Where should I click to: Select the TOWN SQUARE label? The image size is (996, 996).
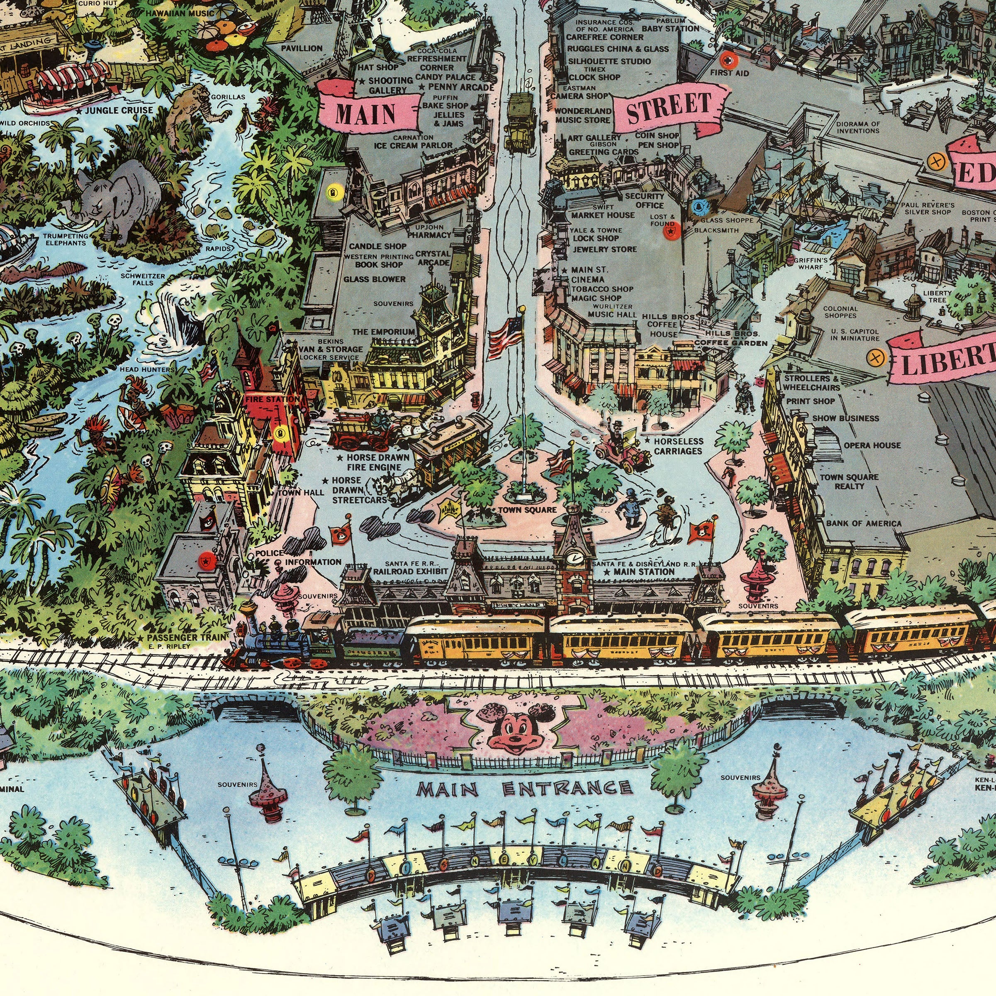pos(527,510)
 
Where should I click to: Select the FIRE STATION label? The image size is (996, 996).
pos(272,399)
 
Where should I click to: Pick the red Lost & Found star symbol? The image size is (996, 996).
pos(669,233)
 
